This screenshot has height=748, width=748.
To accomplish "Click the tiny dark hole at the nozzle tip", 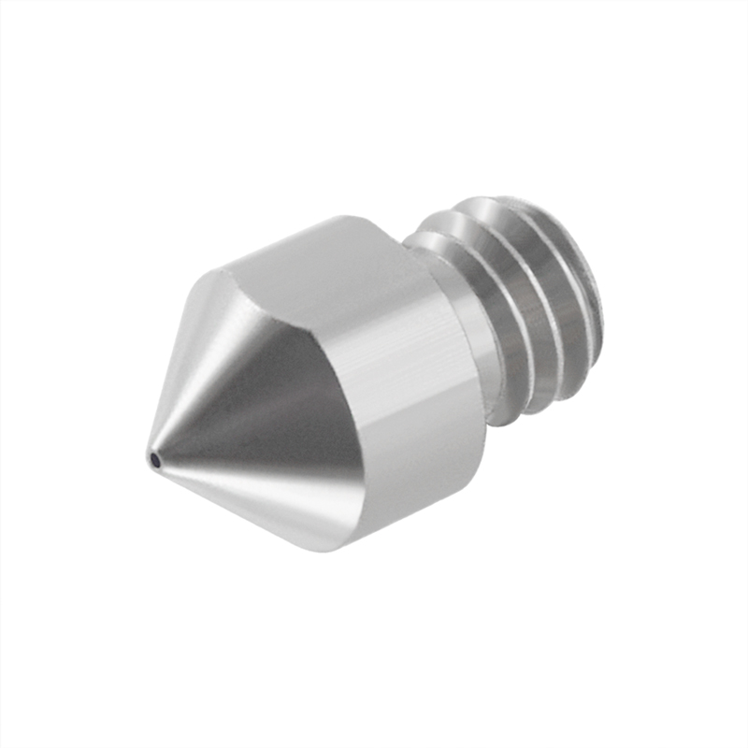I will pos(153,458).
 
